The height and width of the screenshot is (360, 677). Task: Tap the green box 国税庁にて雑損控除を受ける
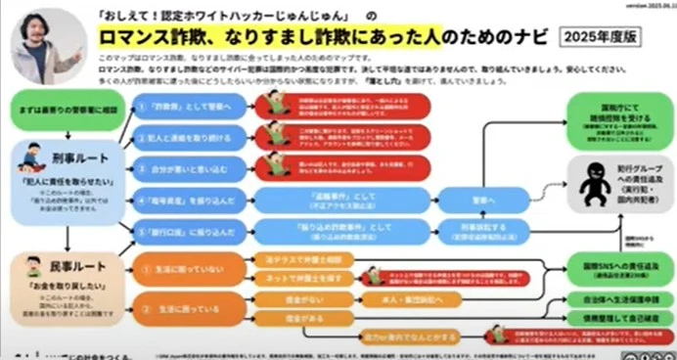pos(617,109)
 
